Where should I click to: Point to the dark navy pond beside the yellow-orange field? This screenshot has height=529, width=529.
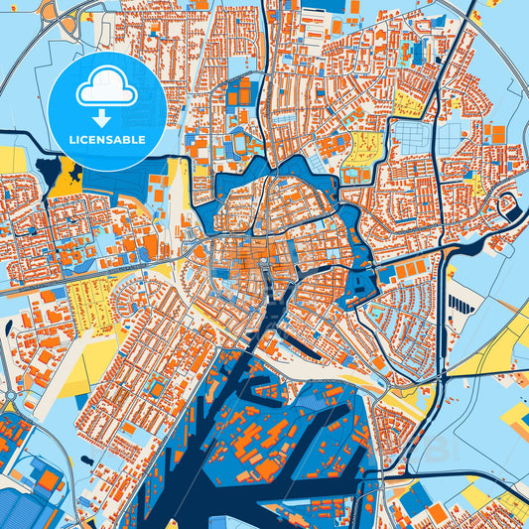46,169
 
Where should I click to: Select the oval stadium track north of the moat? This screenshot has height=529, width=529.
241,145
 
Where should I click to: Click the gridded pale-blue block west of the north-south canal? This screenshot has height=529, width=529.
406,138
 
